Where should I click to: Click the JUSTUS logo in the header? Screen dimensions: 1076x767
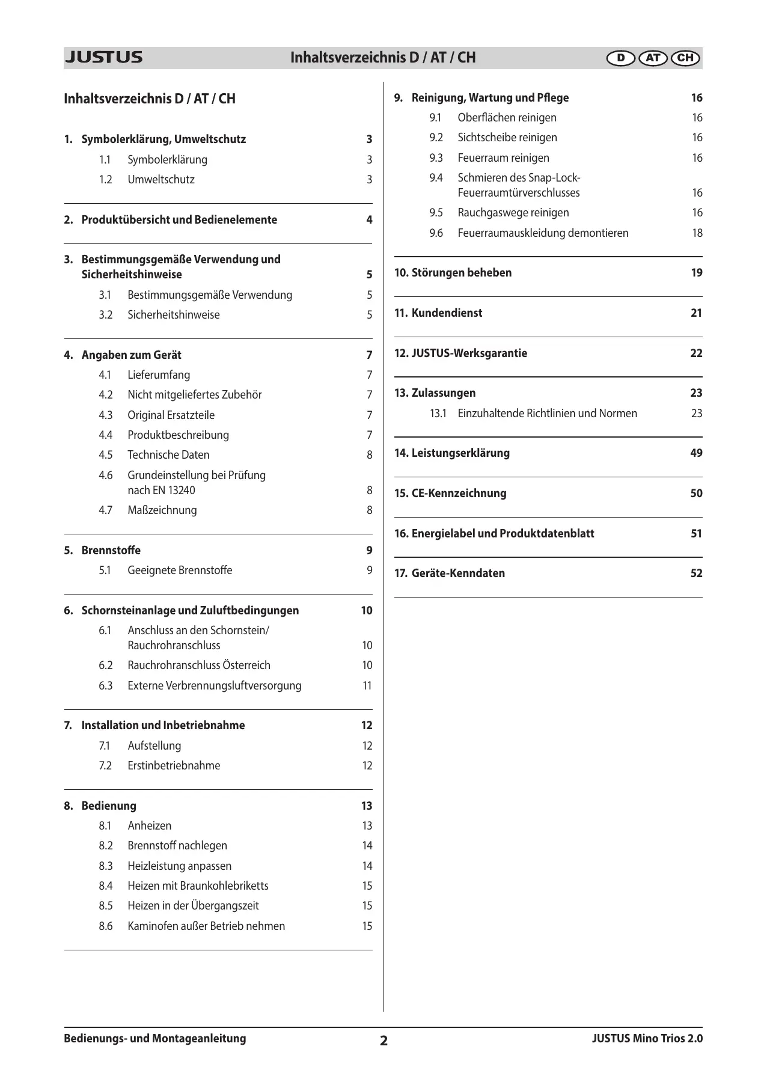(x=103, y=58)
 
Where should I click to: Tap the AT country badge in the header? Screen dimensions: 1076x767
(x=653, y=58)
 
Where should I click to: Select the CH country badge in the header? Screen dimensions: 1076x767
(x=685, y=58)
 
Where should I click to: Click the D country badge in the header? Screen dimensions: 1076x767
(x=620, y=58)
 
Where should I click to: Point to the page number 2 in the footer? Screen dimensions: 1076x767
(x=383, y=1041)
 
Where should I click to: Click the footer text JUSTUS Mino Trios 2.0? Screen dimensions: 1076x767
(x=647, y=1038)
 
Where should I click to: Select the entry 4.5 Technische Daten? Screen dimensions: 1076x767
(x=168, y=455)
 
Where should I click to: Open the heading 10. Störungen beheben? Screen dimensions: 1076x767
(x=453, y=273)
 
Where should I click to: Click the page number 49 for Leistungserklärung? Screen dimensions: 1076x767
(x=696, y=453)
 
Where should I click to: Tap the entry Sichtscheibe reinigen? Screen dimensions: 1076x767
(x=507, y=138)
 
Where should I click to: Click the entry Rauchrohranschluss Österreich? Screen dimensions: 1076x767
(x=199, y=665)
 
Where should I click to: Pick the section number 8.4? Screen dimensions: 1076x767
(x=106, y=886)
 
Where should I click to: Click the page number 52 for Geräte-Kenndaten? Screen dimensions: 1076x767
(x=696, y=573)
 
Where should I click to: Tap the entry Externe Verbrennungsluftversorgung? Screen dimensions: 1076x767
(x=214, y=686)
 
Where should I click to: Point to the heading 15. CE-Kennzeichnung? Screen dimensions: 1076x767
(x=450, y=494)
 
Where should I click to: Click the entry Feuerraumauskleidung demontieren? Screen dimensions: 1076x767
(x=543, y=233)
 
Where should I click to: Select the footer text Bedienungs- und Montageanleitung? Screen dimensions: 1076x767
(x=155, y=1038)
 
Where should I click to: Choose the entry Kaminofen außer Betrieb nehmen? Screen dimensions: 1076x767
(x=206, y=926)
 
